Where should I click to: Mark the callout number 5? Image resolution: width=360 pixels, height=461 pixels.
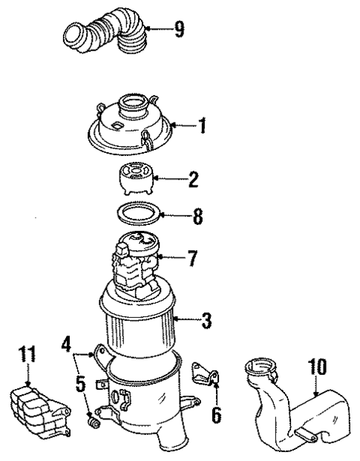[x=80, y=386]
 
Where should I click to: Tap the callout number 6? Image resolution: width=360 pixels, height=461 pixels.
[x=216, y=413]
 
